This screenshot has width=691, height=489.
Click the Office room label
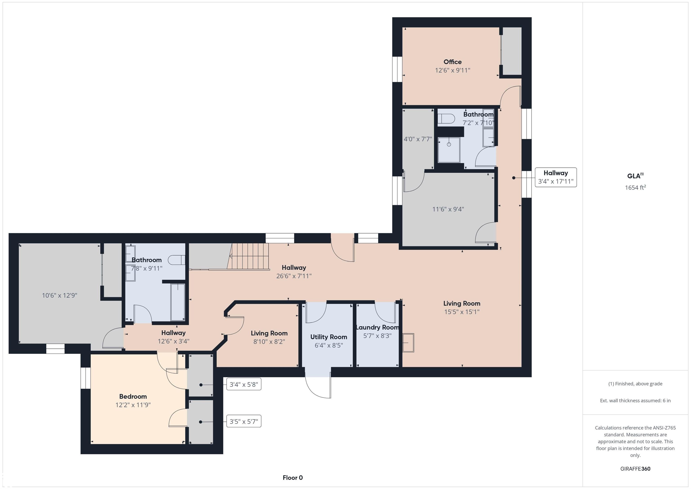[452, 62]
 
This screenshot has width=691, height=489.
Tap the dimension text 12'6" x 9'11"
[452, 70]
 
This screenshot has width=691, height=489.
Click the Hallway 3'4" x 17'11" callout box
[555, 177]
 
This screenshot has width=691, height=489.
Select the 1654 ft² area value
[635, 188]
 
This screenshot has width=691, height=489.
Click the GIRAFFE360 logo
[635, 469]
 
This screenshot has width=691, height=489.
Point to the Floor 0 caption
[293, 478]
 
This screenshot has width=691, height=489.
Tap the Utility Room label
[329, 337]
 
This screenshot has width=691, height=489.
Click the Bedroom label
[133, 397]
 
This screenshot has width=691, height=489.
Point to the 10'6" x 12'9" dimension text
[59, 295]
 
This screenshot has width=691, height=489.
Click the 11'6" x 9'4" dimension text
[448, 209]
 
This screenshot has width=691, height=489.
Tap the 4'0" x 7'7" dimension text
[417, 139]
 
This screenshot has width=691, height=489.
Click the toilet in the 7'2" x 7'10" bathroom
[446, 119]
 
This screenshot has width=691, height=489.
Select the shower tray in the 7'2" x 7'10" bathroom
[449, 150]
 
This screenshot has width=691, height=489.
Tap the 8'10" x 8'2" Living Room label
[269, 333]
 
